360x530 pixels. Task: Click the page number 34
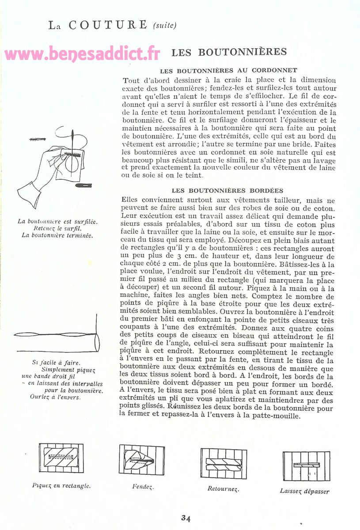pyautogui.click(x=186, y=518)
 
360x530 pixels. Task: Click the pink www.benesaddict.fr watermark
pyautogui.click(x=83, y=54)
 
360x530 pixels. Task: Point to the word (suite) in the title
pyautogui.click(x=164, y=26)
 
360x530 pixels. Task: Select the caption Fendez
pyautogui.click(x=142, y=486)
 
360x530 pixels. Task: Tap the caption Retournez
pyautogui.click(x=223, y=489)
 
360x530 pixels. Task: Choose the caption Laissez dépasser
pyautogui.click(x=304, y=491)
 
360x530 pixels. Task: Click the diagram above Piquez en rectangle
pyautogui.click(x=61, y=459)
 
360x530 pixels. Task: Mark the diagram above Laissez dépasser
pyautogui.click(x=306, y=466)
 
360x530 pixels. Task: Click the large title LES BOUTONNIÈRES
pyautogui.click(x=229, y=52)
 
